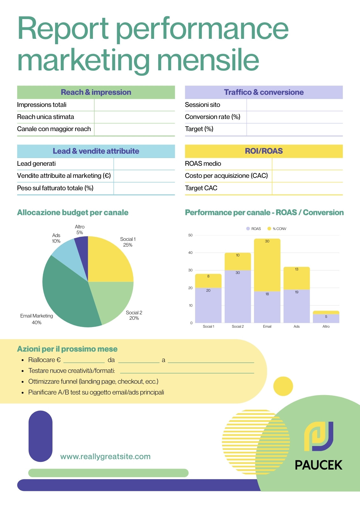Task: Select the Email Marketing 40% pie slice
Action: pyautogui.click(x=66, y=296)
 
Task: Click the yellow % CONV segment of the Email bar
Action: pyautogui.click(x=267, y=265)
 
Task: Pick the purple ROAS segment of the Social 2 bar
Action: pyautogui.click(x=238, y=296)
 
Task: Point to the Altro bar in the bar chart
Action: pyautogui.click(x=326, y=317)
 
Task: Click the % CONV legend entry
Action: pyautogui.click(x=277, y=229)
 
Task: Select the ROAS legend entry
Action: pyautogui.click(x=254, y=229)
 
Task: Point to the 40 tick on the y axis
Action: pyautogui.click(x=190, y=253)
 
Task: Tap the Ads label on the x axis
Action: pyautogui.click(x=297, y=326)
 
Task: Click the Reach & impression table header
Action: pyautogui.click(x=96, y=92)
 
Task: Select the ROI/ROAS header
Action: pyautogui.click(x=264, y=151)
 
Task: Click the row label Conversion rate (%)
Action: pyautogui.click(x=213, y=117)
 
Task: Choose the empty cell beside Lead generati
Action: pyautogui.click(x=145, y=164)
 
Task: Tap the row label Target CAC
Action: pyautogui.click(x=201, y=188)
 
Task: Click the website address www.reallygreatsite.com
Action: pyautogui.click(x=105, y=457)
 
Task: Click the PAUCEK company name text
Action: pyautogui.click(x=319, y=465)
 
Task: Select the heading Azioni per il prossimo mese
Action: pyautogui.click(x=67, y=349)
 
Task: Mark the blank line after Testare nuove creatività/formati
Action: pyautogui.click(x=187, y=373)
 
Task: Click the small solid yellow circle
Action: pyautogui.click(x=283, y=386)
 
